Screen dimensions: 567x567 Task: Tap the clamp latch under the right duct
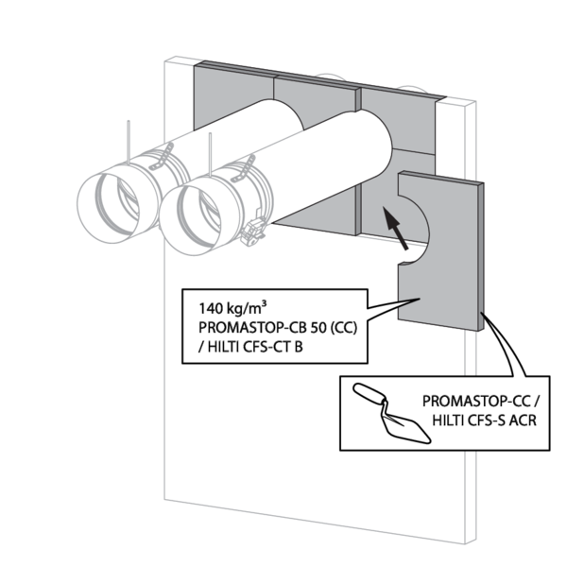tap(255, 229)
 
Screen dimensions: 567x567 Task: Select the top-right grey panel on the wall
tap(397, 118)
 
